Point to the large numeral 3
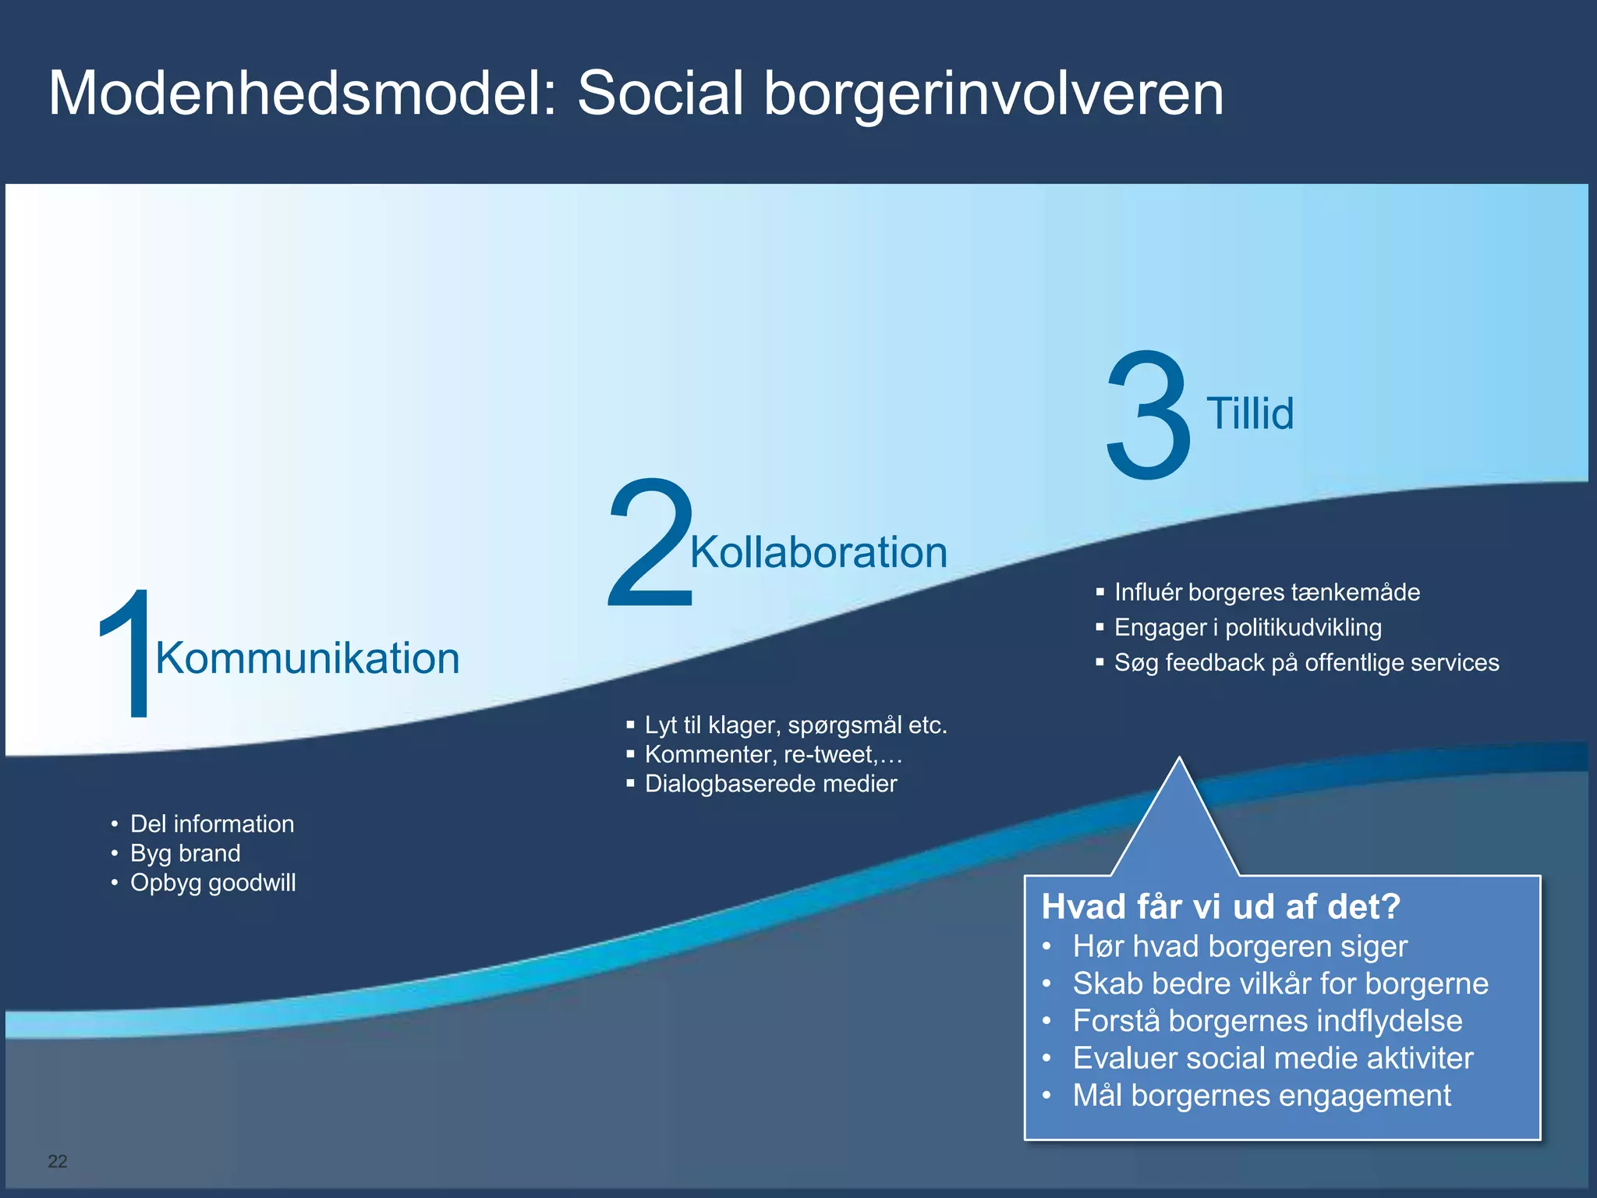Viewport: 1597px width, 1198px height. click(x=1149, y=415)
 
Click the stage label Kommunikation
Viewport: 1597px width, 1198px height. click(x=307, y=658)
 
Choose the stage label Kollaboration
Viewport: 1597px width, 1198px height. click(x=819, y=552)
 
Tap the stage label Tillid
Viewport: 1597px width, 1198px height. click(x=1250, y=413)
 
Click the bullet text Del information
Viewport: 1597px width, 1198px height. click(x=212, y=824)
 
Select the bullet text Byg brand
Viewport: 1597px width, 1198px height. click(x=186, y=853)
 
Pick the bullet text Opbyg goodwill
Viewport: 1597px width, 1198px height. click(x=213, y=883)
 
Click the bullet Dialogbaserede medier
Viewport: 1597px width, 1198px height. click(x=770, y=783)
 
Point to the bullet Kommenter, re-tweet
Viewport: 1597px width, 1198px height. click(x=773, y=754)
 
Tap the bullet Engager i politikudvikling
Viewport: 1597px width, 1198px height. click(x=1248, y=627)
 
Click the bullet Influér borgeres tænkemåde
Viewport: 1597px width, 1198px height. click(x=1267, y=592)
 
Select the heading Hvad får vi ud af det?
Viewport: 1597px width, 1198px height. click(x=1221, y=906)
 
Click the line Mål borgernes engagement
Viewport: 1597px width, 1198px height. click(x=1262, y=1095)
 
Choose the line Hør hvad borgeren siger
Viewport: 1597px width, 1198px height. click(x=1240, y=946)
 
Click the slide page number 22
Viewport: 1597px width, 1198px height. click(x=58, y=1161)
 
